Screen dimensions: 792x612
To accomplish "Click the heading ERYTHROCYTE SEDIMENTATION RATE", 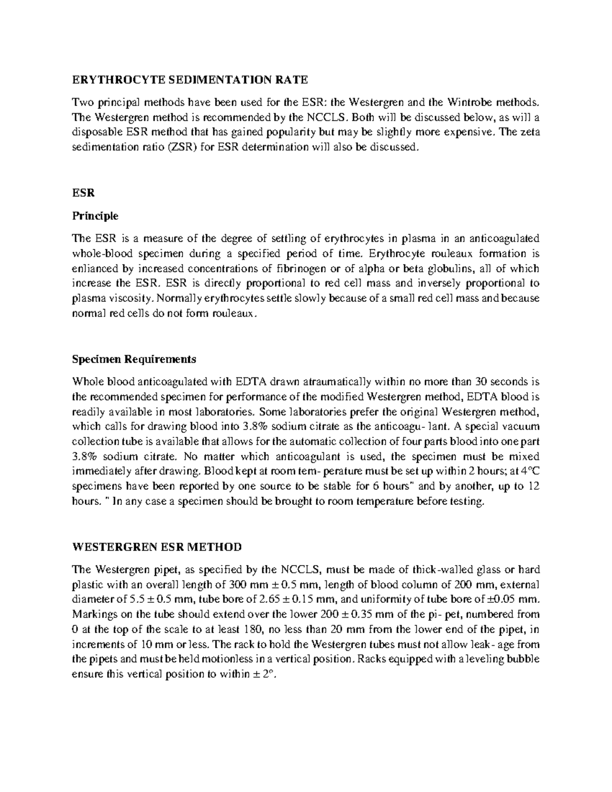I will (190, 80).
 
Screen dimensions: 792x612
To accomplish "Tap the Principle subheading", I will (95, 216).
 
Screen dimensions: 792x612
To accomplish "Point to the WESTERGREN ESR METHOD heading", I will (157, 547).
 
